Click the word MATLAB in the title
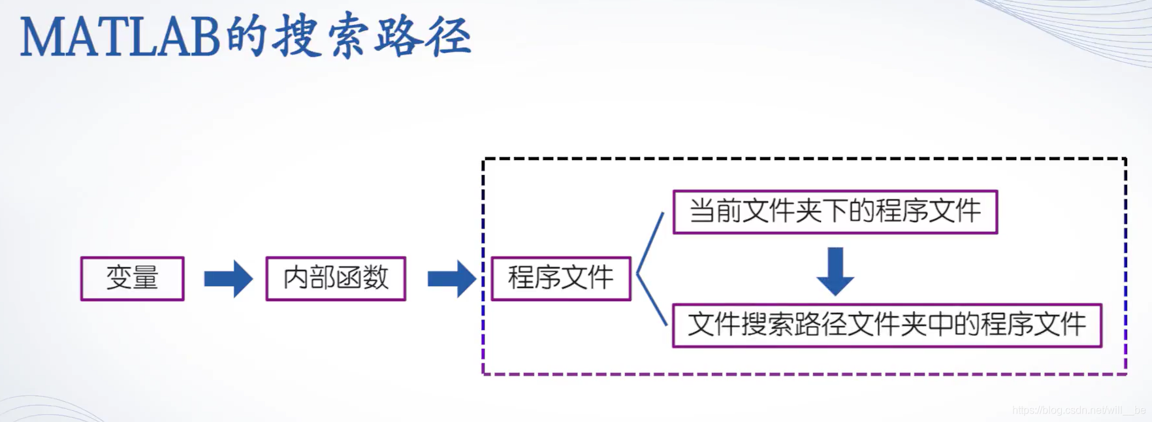coord(120,37)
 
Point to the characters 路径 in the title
coord(423,36)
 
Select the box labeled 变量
coord(132,278)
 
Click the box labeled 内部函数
coord(336,278)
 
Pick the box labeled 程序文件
coord(560,278)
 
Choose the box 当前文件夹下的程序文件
coord(835,212)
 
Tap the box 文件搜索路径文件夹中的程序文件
coord(886,325)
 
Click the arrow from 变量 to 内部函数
coord(228,279)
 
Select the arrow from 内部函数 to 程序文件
coord(451,279)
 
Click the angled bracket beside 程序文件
coord(649,269)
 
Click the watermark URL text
coord(1078,410)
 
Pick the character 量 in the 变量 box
coord(146,278)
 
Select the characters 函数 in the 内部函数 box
coord(362,278)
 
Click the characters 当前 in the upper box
coord(715,212)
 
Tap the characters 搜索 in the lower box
coord(768,325)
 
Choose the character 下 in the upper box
coord(835,212)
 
